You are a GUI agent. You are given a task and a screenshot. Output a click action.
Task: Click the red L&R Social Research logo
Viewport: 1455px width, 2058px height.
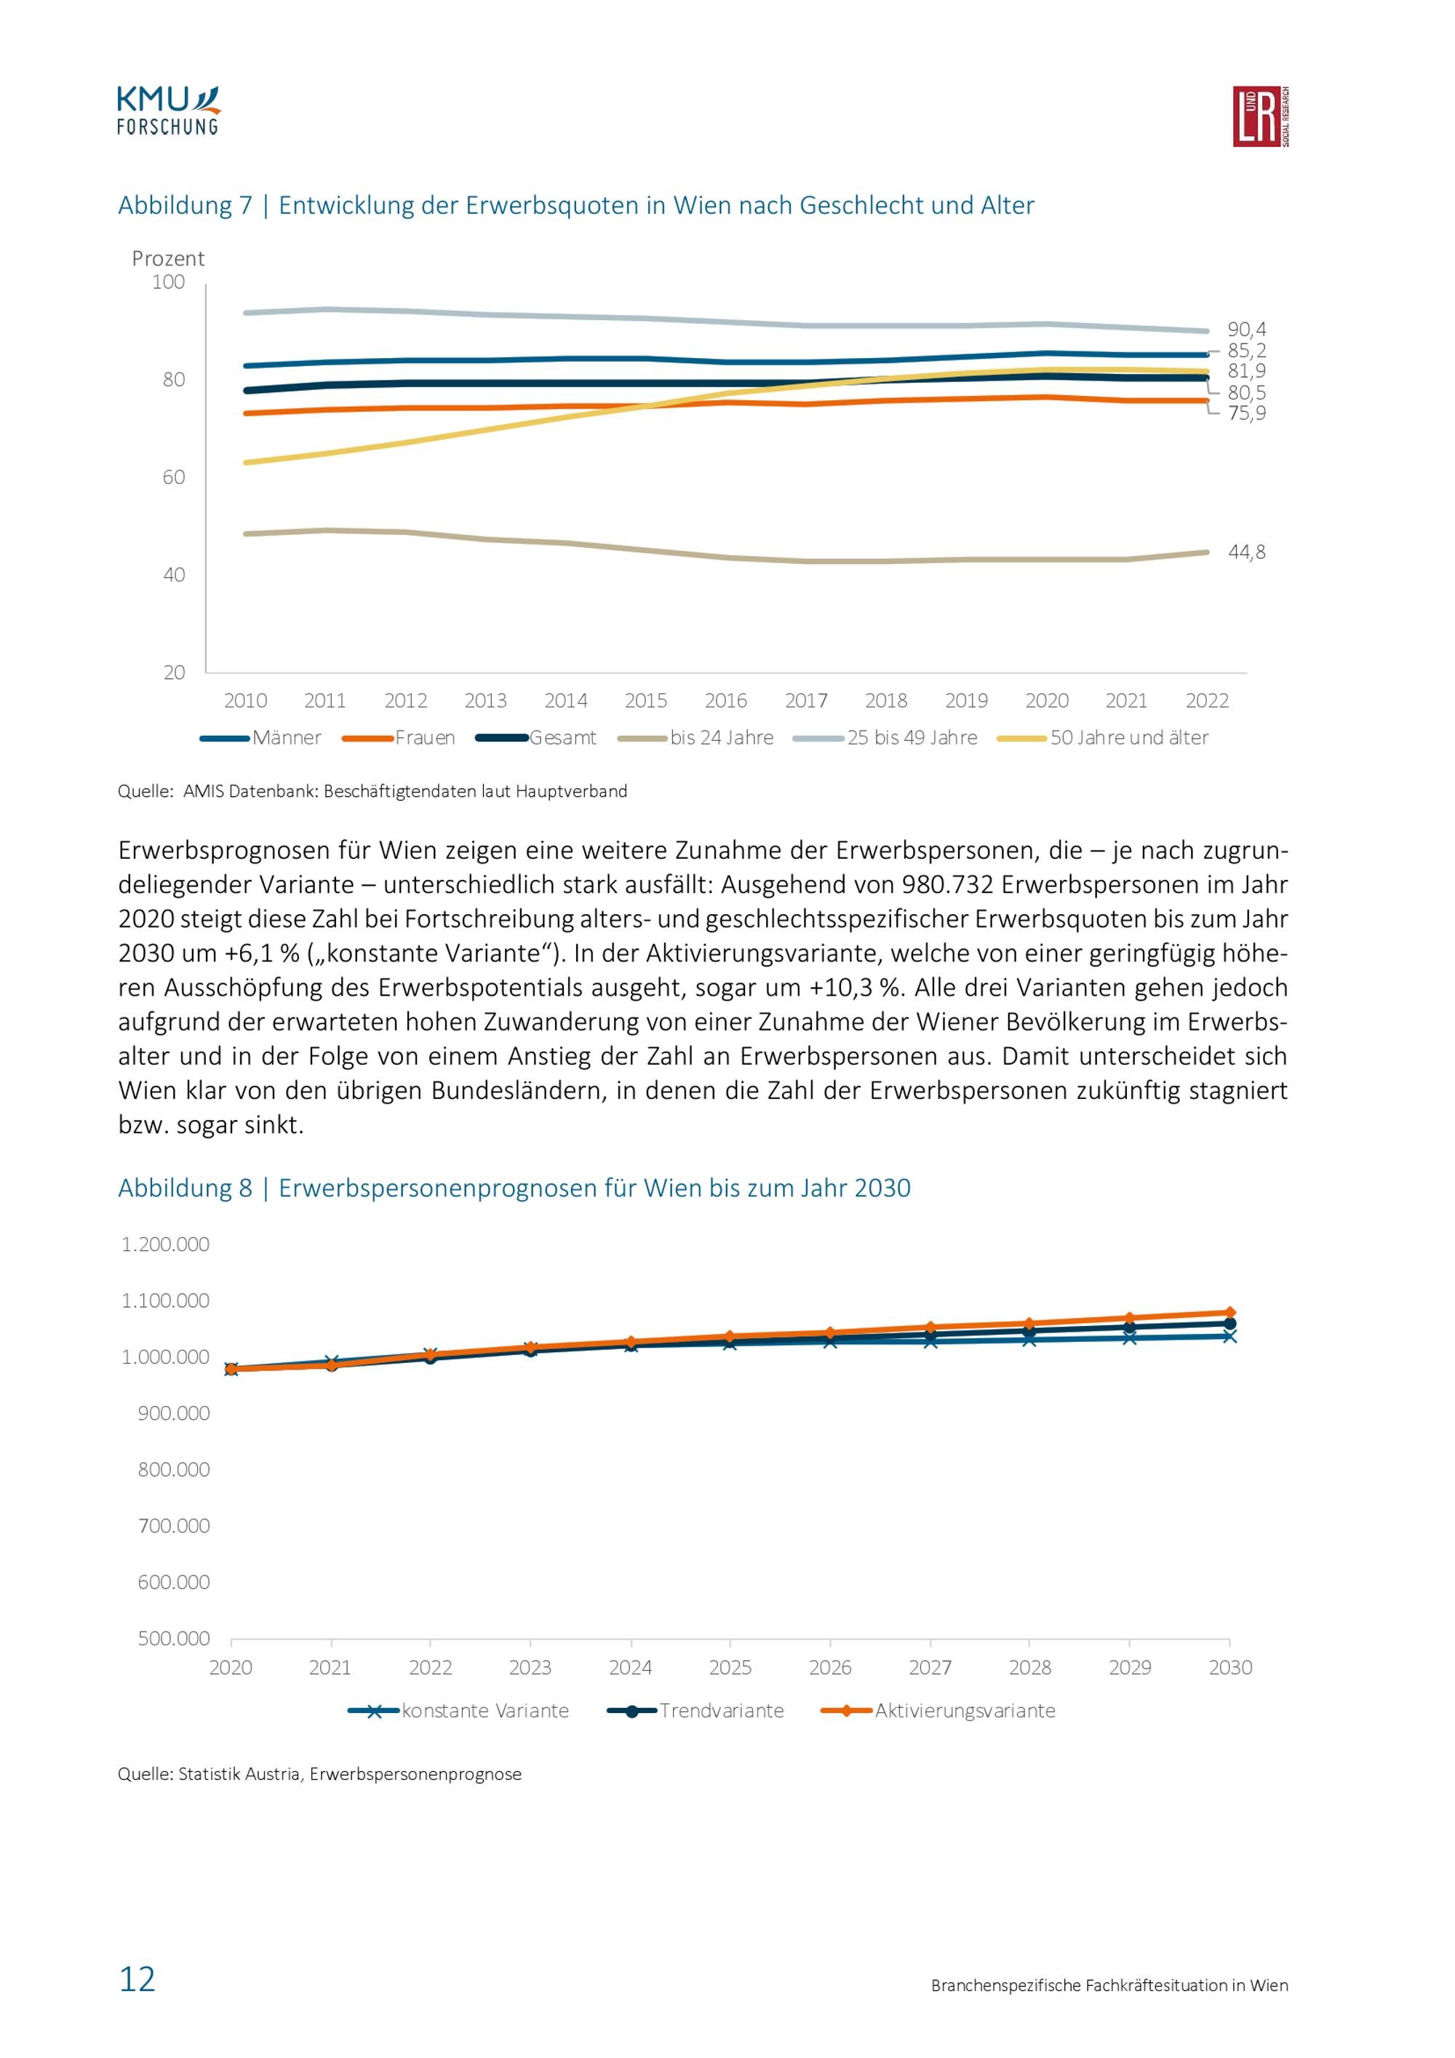pos(1261,116)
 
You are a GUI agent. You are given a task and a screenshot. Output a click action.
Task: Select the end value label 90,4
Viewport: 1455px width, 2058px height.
pos(1246,330)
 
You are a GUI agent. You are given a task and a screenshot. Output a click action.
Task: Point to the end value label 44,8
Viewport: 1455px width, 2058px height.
pos(1246,552)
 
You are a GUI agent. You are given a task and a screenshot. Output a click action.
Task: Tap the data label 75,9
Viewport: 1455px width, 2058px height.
pos(1246,413)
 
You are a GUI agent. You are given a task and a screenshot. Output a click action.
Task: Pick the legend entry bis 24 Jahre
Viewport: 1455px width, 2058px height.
pos(696,738)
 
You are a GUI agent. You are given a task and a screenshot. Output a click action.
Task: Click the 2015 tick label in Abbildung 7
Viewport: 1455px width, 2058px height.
pos(646,701)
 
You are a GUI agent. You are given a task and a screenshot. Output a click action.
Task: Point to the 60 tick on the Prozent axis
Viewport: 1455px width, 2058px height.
pos(174,477)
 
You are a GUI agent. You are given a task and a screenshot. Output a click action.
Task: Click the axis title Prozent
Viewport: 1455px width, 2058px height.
pos(169,259)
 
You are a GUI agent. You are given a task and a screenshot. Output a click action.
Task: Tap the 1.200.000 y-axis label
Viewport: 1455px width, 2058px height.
pos(166,1244)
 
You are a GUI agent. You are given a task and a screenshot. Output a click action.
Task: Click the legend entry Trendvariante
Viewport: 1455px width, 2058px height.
pos(696,1710)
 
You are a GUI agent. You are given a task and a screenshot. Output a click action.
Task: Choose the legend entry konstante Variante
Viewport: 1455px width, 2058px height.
pos(459,1710)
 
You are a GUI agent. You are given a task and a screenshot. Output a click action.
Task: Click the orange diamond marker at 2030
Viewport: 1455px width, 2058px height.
pos(1230,1312)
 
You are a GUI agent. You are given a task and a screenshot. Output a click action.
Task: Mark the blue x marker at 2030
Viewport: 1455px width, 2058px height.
pos(1230,1335)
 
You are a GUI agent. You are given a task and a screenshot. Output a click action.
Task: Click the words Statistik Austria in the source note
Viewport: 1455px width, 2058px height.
pos(239,1774)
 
